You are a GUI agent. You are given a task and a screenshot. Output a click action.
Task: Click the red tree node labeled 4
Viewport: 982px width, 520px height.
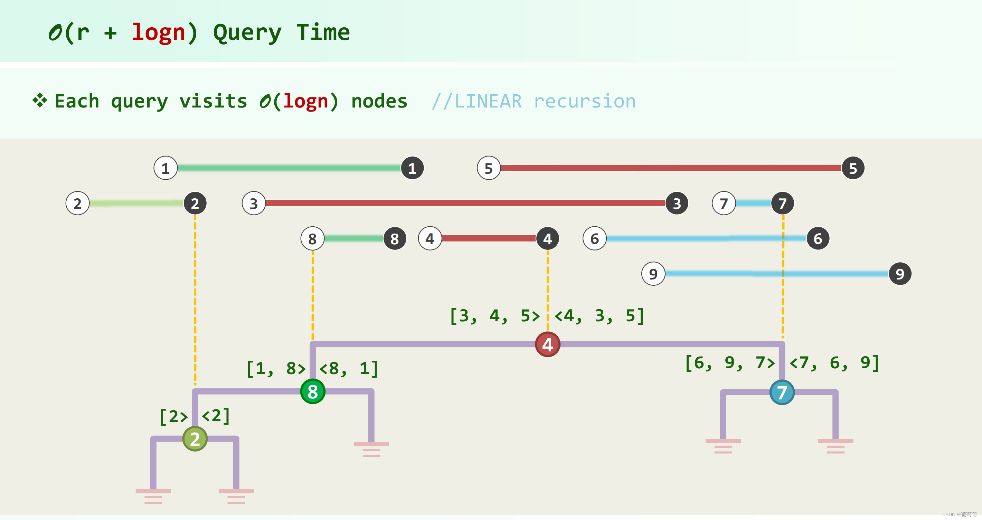click(547, 344)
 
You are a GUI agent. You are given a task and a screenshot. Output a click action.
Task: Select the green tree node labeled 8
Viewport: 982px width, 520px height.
click(313, 391)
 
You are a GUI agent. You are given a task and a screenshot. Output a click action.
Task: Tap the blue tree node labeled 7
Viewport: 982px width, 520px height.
click(782, 392)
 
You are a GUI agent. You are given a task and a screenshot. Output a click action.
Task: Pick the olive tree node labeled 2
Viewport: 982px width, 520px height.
click(195, 439)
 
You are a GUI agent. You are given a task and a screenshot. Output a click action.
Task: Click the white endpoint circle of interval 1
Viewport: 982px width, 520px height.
click(166, 168)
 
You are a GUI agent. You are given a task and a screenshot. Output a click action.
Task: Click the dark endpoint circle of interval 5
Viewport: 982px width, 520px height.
click(853, 168)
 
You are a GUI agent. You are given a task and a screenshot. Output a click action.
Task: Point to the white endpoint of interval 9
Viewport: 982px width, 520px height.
click(653, 274)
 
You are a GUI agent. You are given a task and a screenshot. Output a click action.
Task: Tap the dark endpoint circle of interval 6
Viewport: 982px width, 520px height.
click(818, 239)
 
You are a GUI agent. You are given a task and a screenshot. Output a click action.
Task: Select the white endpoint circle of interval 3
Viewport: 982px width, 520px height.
click(254, 204)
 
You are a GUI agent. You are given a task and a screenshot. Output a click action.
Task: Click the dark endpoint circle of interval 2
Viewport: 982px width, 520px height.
click(195, 204)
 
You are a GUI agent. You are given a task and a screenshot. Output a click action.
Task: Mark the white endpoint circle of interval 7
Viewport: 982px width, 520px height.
click(724, 204)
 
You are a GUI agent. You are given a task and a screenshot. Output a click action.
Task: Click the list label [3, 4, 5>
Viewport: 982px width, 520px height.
click(495, 316)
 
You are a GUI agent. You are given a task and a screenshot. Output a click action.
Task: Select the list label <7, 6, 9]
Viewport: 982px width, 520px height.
click(834, 362)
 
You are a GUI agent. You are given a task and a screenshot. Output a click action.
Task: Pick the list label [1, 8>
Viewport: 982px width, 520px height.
click(276, 369)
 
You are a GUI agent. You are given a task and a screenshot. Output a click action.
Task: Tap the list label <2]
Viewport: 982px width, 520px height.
click(216, 416)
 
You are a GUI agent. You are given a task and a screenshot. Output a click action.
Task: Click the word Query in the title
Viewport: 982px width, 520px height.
click(247, 33)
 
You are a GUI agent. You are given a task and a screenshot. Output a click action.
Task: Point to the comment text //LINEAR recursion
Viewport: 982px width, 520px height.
click(534, 101)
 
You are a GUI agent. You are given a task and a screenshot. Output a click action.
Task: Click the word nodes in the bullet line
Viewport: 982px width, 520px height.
click(379, 101)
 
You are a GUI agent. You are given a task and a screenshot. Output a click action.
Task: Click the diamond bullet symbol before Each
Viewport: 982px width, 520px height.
click(40, 100)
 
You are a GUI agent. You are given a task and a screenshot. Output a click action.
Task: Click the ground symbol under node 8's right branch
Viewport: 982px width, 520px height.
click(371, 449)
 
